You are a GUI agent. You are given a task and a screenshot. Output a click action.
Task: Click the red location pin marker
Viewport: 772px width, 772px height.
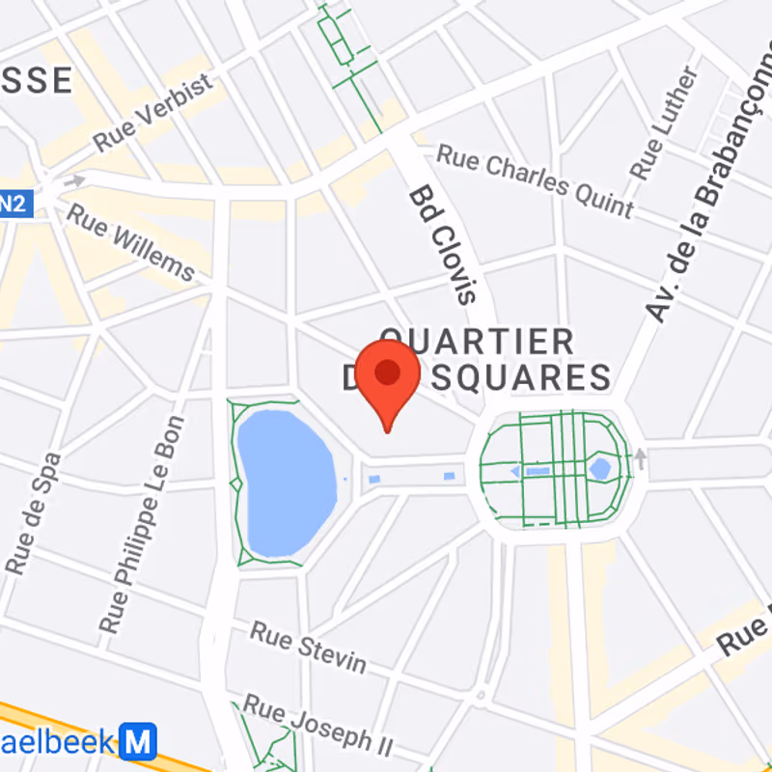[x=387, y=376]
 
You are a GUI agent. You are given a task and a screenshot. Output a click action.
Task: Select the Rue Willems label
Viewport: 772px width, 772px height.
[x=130, y=240]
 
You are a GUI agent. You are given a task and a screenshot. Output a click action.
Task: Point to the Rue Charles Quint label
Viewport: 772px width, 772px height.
[x=536, y=181]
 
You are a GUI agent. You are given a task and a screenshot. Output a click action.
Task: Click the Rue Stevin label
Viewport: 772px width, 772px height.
[x=309, y=647]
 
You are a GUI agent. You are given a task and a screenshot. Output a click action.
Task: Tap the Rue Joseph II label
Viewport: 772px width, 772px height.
[x=318, y=724]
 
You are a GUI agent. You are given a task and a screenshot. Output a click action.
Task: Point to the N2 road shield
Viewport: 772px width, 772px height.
[x=12, y=204]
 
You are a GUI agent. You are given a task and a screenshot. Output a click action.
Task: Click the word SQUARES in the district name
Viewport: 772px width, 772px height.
[x=521, y=376]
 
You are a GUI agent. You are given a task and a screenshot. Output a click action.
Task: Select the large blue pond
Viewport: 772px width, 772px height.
[x=283, y=482]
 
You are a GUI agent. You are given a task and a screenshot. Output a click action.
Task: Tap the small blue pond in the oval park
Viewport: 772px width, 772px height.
[x=600, y=469]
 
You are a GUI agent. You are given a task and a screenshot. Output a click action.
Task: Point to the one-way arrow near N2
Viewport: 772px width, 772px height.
[x=73, y=179]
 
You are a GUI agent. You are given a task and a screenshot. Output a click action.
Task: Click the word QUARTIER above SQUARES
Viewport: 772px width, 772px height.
[x=477, y=341]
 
